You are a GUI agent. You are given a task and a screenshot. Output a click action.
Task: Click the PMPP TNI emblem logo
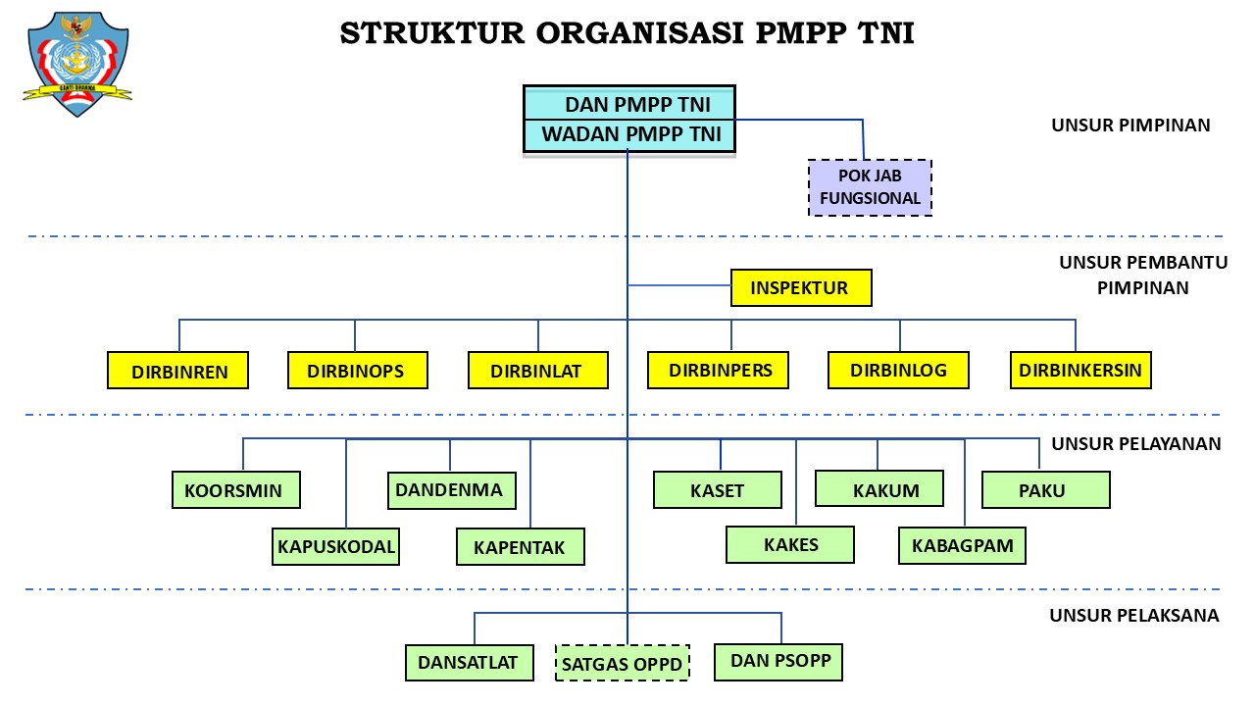77,64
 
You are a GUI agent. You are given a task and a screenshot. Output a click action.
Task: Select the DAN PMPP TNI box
628,104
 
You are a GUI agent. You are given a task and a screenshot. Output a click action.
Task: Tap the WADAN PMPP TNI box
628,134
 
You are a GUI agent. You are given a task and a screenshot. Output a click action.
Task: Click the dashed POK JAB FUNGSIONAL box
870,187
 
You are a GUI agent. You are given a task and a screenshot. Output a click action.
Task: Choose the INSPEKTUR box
800,288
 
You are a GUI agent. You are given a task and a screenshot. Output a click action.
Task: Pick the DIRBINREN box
177,371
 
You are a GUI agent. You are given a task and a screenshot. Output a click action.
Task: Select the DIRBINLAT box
537,371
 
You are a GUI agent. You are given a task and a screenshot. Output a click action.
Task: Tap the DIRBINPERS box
720,370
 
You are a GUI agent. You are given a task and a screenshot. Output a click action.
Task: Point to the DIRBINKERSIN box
1080,371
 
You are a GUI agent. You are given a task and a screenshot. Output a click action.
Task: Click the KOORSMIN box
235,490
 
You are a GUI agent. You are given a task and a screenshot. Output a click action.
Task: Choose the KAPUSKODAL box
336,546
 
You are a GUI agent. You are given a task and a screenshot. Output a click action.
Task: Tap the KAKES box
790,544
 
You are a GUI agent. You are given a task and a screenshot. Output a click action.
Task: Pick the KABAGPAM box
962,545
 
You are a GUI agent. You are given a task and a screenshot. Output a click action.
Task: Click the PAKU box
1045,490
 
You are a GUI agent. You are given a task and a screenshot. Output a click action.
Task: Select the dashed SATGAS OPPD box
622,663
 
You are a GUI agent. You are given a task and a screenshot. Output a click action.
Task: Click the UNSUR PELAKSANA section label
1133,616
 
